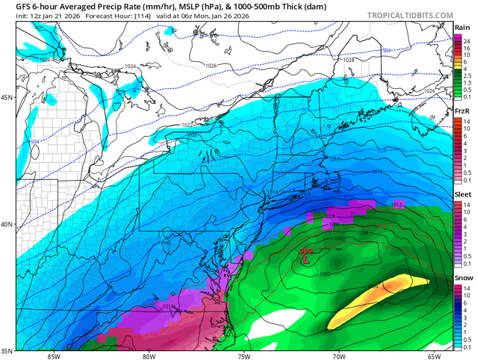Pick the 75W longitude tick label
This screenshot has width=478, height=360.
243,354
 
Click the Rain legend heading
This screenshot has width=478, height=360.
462,27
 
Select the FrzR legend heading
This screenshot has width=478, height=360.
462,111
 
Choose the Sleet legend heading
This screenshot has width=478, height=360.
462,194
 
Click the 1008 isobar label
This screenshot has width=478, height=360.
330,216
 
